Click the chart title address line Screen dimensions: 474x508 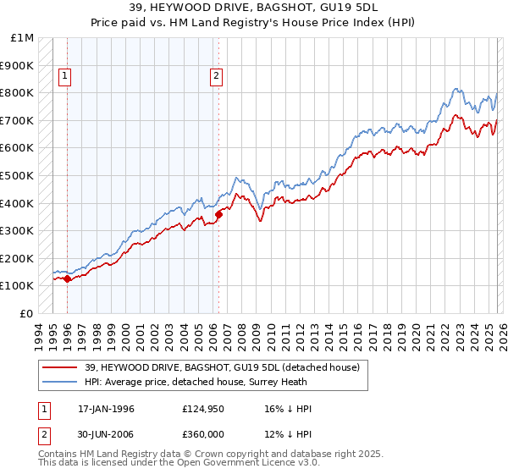[253, 9]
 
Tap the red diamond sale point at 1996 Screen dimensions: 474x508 [67, 278]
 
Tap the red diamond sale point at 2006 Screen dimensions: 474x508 [218, 214]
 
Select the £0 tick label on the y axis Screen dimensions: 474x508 [25, 313]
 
